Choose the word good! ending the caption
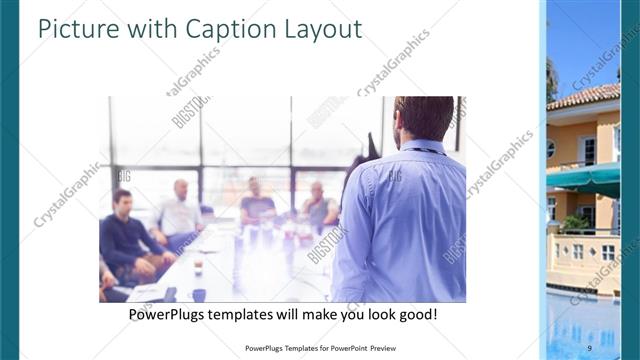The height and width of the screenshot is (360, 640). [x=416, y=314]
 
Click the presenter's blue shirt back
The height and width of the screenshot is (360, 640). [x=405, y=220]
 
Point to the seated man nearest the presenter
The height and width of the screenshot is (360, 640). [x=319, y=205]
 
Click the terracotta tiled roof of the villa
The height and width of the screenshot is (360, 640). [x=586, y=97]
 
